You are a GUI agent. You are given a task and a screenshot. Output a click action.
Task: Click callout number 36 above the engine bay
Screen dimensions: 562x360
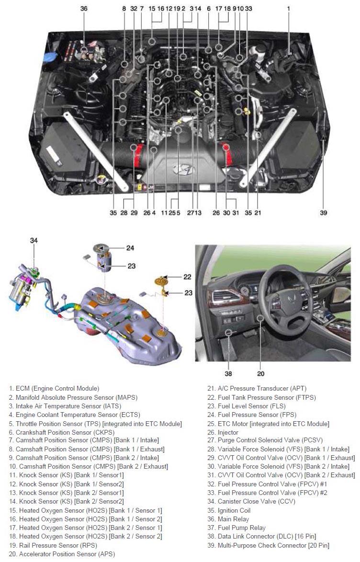click(84, 9)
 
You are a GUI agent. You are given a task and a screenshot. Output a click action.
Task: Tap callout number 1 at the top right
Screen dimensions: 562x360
click(289, 9)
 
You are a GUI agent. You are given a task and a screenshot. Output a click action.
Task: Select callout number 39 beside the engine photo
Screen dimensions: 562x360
click(324, 213)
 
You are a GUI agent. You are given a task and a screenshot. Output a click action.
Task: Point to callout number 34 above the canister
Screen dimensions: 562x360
click(34, 240)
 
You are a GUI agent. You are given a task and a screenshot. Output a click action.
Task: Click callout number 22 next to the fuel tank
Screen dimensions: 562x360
click(187, 277)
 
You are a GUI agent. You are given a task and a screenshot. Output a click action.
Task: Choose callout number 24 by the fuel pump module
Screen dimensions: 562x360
click(131, 248)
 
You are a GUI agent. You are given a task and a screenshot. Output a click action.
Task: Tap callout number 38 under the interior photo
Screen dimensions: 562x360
click(228, 373)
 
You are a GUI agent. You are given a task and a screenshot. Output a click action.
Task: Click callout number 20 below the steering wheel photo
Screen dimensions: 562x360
click(260, 373)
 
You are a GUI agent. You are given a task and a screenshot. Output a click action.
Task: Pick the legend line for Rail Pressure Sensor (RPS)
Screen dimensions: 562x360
click(53, 545)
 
